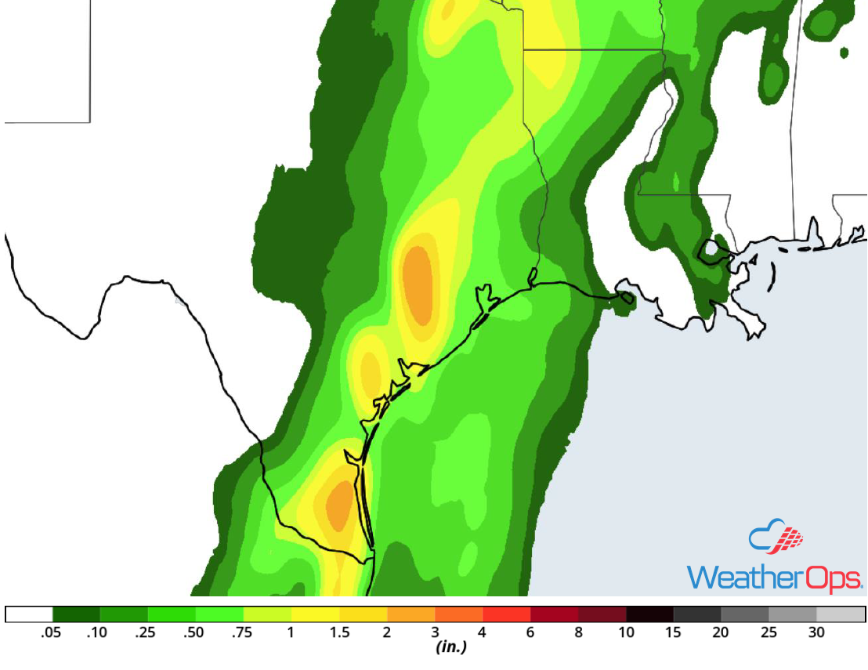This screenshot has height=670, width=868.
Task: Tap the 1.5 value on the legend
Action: pyautogui.click(x=338, y=633)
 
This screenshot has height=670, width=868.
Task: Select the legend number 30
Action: pyautogui.click(x=816, y=633)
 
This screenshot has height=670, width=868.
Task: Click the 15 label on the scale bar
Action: pyautogui.click(x=674, y=633)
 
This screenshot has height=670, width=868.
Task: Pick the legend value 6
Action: pyautogui.click(x=530, y=633)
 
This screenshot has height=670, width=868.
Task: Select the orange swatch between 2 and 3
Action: pyautogui.click(x=410, y=614)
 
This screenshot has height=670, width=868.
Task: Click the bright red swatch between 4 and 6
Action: pyautogui.click(x=506, y=614)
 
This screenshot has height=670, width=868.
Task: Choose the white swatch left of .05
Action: pyautogui.click(x=29, y=614)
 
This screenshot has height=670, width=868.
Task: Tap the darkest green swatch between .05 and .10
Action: pyautogui.click(x=76, y=614)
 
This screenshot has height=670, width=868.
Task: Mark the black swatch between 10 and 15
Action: pyautogui.click(x=649, y=614)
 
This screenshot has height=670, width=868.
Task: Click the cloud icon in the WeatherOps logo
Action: pyautogui.click(x=776, y=539)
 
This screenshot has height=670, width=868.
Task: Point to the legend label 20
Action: pyautogui.click(x=721, y=633)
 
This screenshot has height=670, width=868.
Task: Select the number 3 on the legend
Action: pyautogui.click(x=434, y=633)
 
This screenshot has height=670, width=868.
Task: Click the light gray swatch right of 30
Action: pyautogui.click(x=841, y=614)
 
